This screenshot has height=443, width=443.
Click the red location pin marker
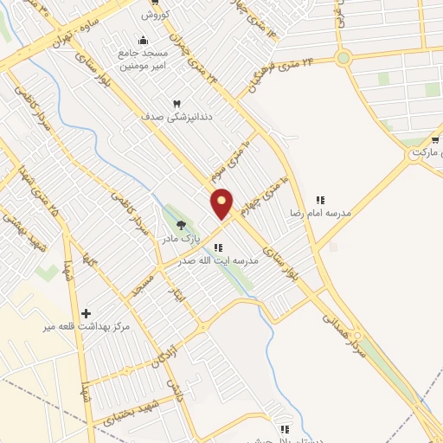[x=222, y=203]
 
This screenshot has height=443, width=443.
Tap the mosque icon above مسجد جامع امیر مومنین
[x=144, y=40]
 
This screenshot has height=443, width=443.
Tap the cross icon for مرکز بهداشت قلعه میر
[x=85, y=312]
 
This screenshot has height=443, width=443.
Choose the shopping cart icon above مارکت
[x=434, y=138]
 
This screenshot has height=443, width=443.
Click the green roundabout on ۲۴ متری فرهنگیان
[x=343, y=59]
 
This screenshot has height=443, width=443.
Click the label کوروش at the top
[x=159, y=15]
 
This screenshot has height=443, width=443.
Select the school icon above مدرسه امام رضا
[x=319, y=200]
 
